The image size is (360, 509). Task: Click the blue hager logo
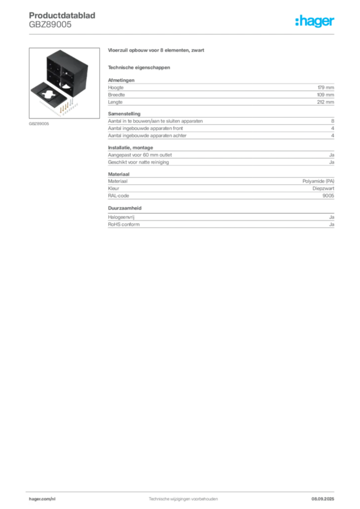point(316,22)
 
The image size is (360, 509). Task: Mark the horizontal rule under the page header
point(182,33)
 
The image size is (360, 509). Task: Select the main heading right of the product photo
point(157,51)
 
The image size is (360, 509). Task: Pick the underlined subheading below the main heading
point(139,67)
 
